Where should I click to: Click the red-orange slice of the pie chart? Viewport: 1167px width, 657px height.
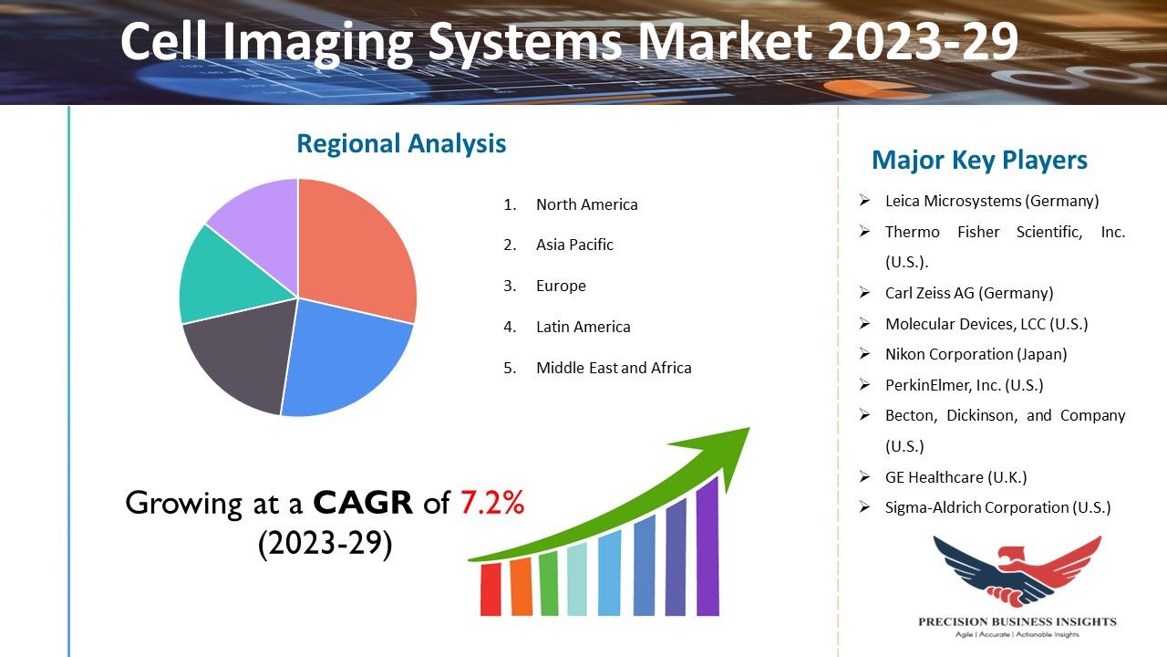pos(355,250)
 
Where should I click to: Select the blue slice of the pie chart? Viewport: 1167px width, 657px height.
pos(344,360)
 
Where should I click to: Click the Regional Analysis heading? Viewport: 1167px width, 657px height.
pos(401,143)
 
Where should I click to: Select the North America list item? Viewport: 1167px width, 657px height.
pos(586,204)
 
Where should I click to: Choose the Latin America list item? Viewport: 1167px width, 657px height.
pos(583,327)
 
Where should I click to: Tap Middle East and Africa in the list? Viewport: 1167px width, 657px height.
pos(614,368)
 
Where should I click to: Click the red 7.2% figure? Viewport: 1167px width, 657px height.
pos(492,503)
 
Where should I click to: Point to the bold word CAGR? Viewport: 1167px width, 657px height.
pos(363,503)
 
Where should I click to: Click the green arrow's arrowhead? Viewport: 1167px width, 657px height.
pos(720,454)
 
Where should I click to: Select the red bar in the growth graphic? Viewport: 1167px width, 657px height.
pos(491,589)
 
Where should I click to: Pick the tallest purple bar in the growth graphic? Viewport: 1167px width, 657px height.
pos(707,547)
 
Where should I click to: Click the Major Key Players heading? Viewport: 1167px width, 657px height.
pos(979,160)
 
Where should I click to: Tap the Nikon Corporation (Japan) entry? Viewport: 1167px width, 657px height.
pos(976,354)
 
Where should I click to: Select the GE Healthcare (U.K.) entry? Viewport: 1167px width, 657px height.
pos(956,477)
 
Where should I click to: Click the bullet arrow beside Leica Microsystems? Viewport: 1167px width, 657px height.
pos(865,200)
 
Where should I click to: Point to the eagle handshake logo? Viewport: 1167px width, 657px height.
pos(1017,571)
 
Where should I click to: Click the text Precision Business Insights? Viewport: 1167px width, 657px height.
pos(1017,621)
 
